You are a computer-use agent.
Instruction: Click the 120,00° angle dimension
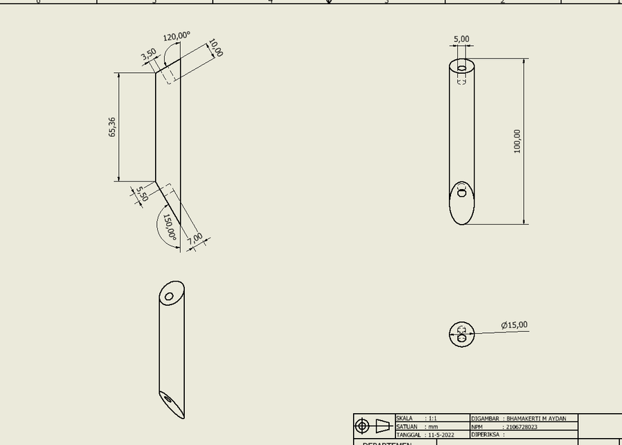pyautogui.click(x=177, y=36)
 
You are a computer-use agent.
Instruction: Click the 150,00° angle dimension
pyautogui.click(x=170, y=227)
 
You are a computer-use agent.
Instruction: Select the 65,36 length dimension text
pyautogui.click(x=113, y=127)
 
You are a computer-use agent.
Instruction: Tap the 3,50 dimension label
pyautogui.click(x=148, y=55)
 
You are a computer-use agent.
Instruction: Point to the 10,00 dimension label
pyautogui.click(x=215, y=49)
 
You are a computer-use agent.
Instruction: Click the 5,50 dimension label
pyautogui.click(x=142, y=193)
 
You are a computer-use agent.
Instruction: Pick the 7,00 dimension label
pyautogui.click(x=195, y=238)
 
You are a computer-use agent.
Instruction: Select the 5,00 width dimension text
pyautogui.click(x=461, y=40)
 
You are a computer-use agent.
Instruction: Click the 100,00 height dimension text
pyautogui.click(x=517, y=141)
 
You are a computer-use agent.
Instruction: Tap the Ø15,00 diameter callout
pyautogui.click(x=514, y=325)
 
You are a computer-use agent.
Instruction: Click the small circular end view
pyautogui.click(x=461, y=334)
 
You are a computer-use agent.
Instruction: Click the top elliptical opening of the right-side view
pyautogui.click(x=462, y=67)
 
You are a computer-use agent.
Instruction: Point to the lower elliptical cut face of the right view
pyautogui.click(x=462, y=203)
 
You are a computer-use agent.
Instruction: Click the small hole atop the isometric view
pyautogui.click(x=170, y=297)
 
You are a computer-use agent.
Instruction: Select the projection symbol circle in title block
pyautogui.click(x=362, y=426)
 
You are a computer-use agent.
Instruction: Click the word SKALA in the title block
pyautogui.click(x=404, y=419)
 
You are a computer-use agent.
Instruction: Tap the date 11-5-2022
pyautogui.click(x=441, y=435)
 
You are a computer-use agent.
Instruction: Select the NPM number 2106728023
pyautogui.click(x=521, y=427)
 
